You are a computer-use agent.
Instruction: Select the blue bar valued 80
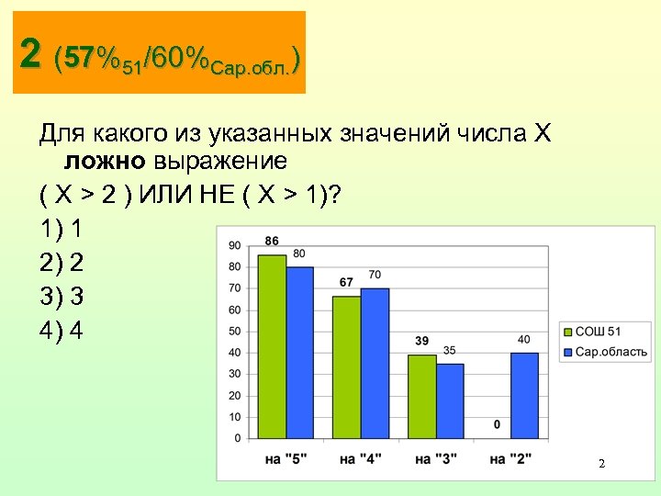(300, 353)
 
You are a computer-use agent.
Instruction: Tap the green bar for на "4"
(347, 367)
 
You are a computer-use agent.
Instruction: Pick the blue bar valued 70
(375, 364)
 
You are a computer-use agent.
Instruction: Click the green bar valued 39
(421, 397)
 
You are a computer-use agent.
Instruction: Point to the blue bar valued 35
(450, 401)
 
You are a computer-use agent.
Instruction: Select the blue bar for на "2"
(524, 396)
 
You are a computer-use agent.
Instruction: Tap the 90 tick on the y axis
(234, 245)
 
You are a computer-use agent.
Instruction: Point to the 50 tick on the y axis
(234, 331)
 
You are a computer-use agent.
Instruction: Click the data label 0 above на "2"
(497, 424)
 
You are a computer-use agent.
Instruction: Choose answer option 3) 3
(62, 297)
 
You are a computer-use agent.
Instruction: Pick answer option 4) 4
(62, 330)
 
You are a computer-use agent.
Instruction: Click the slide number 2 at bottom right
(601, 464)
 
